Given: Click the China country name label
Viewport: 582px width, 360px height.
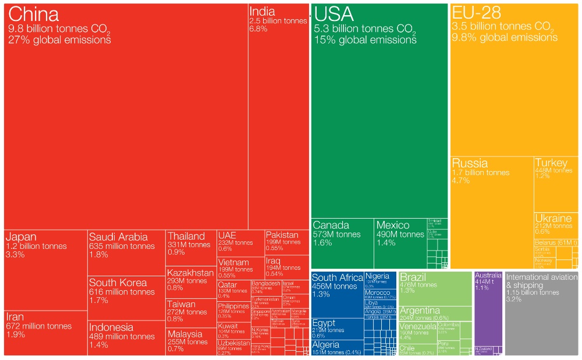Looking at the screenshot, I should point(34,14).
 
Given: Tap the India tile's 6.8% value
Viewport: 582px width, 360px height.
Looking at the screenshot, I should point(258,29).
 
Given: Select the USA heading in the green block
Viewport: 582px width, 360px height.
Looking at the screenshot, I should point(333,14).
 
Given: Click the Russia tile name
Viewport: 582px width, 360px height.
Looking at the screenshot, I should point(470,163).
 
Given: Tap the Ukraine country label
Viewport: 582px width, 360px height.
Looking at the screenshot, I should point(553,218).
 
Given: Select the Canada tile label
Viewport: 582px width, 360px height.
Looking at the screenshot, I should point(331,225).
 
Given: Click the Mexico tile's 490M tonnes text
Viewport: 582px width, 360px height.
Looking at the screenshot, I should point(400,234).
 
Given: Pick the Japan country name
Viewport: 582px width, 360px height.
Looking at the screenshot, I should point(21,237).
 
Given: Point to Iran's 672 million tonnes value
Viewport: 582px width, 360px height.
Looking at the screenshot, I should point(39,326).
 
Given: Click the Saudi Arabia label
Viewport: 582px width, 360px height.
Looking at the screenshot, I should point(118,237).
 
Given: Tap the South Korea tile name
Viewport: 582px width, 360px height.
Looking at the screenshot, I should point(118,283).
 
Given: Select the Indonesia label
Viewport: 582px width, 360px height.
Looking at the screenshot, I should point(111,327).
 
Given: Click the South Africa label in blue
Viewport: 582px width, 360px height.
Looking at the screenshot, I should point(338,277).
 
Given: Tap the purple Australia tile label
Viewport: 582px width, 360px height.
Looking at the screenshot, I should point(488,275).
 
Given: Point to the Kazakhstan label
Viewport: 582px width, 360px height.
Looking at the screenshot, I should point(190,272).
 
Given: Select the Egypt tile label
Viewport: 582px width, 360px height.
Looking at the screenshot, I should point(324,323).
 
